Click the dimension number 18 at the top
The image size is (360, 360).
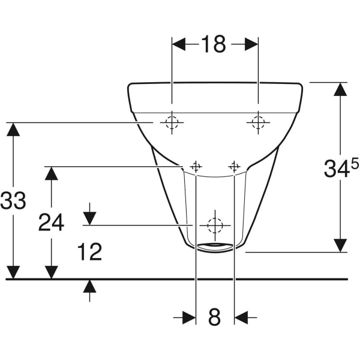(x=215, y=44)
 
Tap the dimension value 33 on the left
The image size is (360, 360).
(x=13, y=200)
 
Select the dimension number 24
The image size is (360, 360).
(x=52, y=223)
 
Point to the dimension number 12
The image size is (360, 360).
(x=90, y=252)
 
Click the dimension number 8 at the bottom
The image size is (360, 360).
(x=215, y=316)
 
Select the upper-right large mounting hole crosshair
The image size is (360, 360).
(x=258, y=122)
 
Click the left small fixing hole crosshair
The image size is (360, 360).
(x=196, y=166)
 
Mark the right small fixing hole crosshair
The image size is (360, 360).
(x=234, y=166)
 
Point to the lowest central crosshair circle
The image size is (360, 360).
(x=214, y=225)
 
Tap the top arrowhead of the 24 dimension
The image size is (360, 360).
(x=52, y=174)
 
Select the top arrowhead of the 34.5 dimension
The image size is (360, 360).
(x=340, y=89)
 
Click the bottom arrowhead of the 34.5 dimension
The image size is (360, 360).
(x=340, y=245)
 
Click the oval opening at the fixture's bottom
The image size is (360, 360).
(x=215, y=245)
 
